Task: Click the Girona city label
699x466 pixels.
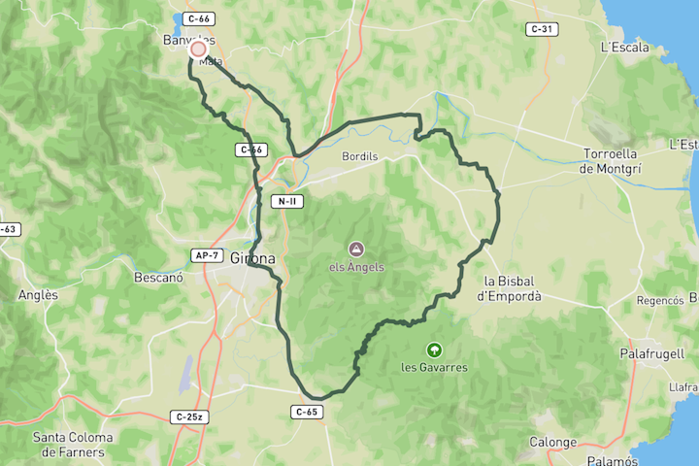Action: pos(253,259)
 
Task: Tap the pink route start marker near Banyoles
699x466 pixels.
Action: pos(199,49)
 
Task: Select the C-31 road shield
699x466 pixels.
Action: pos(542,29)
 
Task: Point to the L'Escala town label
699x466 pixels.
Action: pos(624,47)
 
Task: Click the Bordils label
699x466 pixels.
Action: pos(359,155)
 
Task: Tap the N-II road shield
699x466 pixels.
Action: pos(286,202)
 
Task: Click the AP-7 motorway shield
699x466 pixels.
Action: pos(205,254)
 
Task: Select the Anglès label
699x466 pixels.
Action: pos(38,295)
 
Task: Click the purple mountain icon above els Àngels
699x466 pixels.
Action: pos(356,250)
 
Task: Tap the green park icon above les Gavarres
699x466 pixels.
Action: pos(434,349)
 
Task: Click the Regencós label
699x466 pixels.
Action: pos(660,301)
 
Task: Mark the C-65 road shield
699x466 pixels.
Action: pos(305,412)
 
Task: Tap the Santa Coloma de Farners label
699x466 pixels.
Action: pos(73,444)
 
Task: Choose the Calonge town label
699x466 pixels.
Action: pos(552,443)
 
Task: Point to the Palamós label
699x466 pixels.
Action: pos(612,459)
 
